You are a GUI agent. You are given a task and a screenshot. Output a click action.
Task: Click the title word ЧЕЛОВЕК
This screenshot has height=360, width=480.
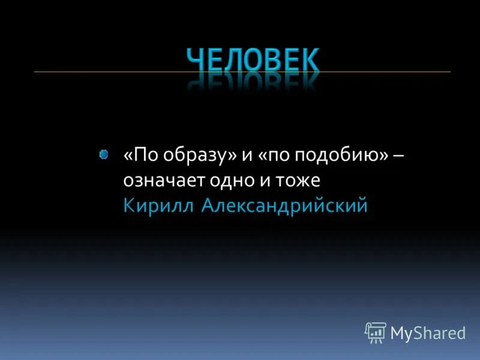[253, 60]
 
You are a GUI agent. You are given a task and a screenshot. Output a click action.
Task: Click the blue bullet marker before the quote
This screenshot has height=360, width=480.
[104, 155]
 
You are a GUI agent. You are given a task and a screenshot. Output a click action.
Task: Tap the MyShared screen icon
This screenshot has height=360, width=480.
[376, 332]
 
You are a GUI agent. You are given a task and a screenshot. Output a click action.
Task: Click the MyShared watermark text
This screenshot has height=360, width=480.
[428, 332]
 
